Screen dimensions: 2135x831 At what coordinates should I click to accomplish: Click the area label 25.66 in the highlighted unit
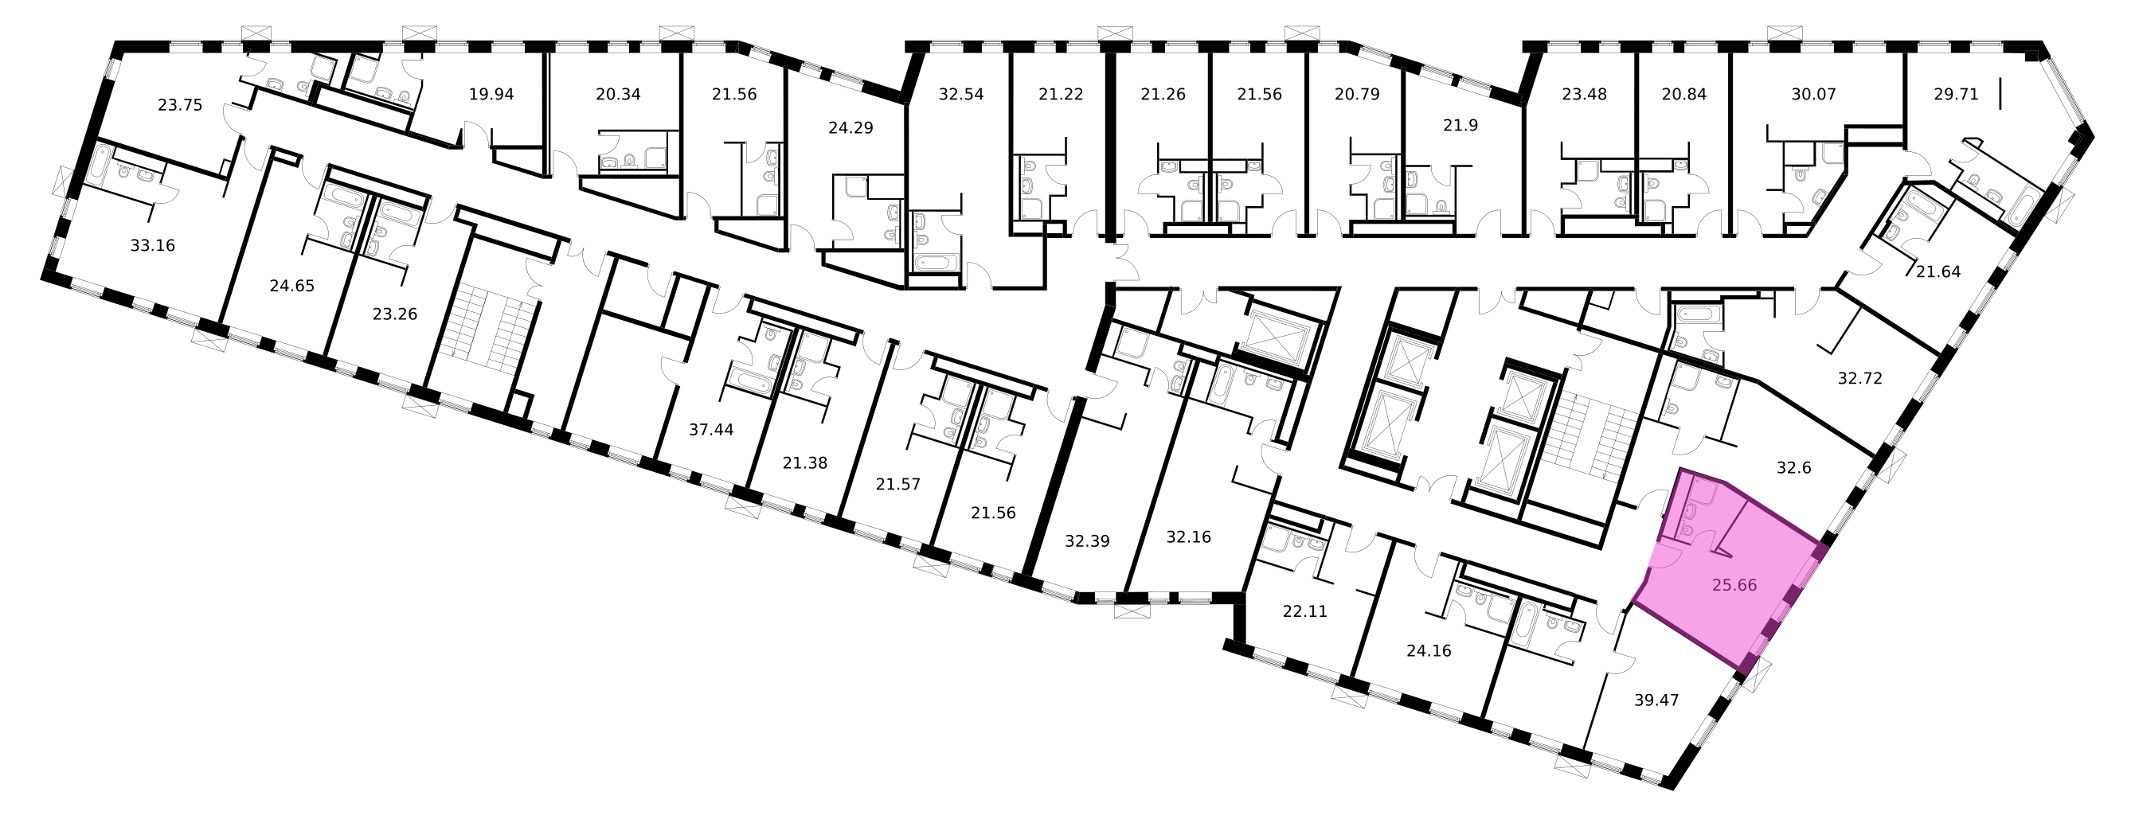point(1734,585)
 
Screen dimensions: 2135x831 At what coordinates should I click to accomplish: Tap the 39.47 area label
point(1656,700)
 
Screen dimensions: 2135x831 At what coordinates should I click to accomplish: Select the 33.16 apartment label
point(153,245)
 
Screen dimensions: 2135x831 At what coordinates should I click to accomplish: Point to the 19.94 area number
point(491,95)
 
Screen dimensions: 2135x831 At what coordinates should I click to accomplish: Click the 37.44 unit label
point(711,429)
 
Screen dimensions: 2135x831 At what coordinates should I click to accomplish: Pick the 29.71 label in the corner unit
point(1949,95)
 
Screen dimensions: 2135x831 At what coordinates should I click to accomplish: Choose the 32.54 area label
point(961,95)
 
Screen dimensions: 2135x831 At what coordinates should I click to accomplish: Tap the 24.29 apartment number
point(850,128)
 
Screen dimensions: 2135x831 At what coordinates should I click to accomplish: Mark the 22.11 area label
point(1304,612)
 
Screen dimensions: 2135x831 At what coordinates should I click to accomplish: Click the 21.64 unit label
point(1938,271)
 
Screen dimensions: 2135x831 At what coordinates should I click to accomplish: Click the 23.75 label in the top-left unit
point(180,105)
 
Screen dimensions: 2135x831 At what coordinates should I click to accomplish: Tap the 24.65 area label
point(291,286)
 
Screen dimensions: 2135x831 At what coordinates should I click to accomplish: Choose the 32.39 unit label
point(1086,541)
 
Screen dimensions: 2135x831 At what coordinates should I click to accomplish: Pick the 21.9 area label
point(1460,126)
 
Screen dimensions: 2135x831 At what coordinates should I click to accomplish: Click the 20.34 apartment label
point(618,95)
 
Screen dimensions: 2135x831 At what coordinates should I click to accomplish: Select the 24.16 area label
point(1429,650)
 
